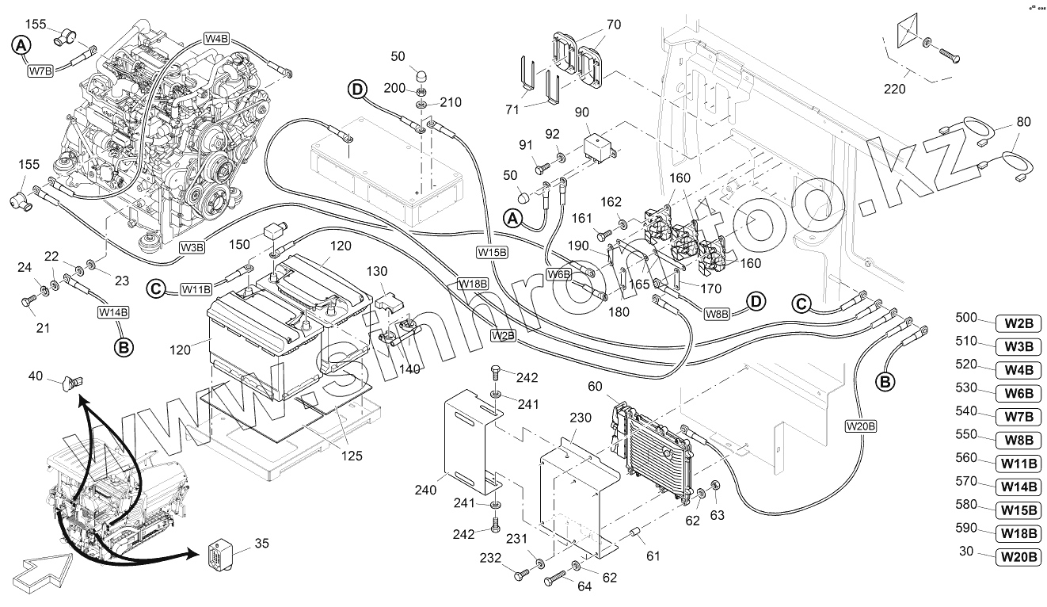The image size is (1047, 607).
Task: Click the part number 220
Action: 894,89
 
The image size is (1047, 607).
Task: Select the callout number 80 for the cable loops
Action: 1023,122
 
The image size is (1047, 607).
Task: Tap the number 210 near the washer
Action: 450,103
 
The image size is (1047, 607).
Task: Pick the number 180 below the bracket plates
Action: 619,311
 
